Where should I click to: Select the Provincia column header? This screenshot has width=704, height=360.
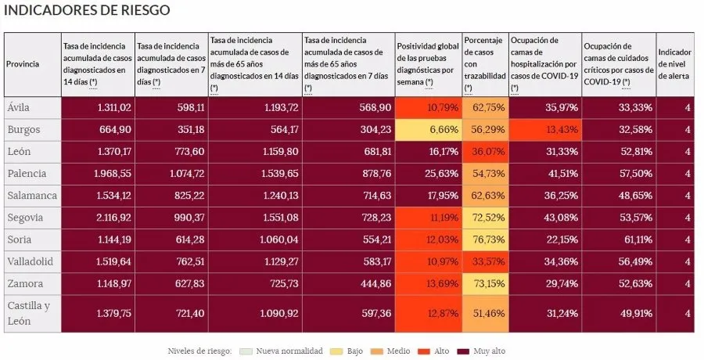click(x=23, y=64)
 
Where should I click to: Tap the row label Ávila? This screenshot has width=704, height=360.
click(x=20, y=107)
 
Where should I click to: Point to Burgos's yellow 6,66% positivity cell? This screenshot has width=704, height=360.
click(x=428, y=129)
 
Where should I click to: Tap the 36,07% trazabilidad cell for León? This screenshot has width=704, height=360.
click(x=484, y=152)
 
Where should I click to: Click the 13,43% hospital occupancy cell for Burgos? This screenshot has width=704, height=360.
click(x=544, y=129)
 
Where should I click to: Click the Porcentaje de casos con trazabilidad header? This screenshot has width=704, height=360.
click(x=484, y=63)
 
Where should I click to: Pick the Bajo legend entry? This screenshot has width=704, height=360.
click(x=349, y=351)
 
